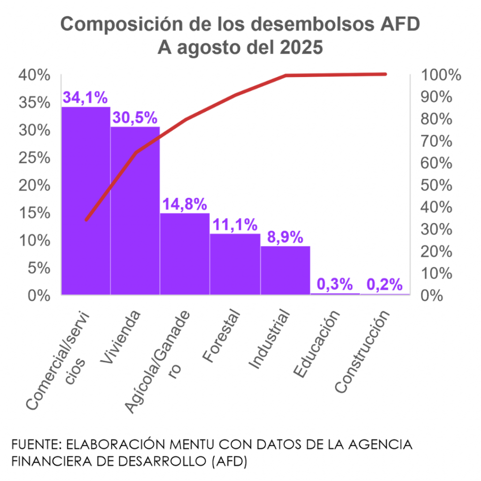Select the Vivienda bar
(x=135, y=211)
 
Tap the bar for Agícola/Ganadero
(x=185, y=254)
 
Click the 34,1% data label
(x=85, y=98)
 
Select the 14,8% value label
(x=185, y=204)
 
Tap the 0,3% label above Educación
(x=335, y=284)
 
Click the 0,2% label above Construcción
(x=385, y=284)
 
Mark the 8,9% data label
(x=285, y=237)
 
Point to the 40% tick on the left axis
(x=34, y=75)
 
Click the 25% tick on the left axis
(x=34, y=158)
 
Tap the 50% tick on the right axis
(x=438, y=186)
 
